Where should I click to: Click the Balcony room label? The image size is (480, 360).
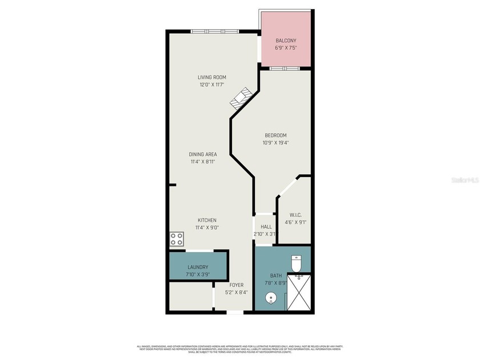286,41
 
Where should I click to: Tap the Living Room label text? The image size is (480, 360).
212,77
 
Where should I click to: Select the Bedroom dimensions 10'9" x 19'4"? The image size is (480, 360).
275,143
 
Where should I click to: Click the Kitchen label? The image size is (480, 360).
207,220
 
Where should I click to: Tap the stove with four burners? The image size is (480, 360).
176,239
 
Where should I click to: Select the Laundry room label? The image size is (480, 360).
198,267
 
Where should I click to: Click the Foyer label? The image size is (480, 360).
237,285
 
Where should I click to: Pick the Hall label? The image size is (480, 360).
266,227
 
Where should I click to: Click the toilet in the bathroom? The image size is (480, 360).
296,264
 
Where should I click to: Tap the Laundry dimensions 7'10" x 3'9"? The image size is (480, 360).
198,274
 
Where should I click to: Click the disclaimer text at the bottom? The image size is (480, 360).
239,350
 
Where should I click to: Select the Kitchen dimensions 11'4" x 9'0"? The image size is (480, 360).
207,227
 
